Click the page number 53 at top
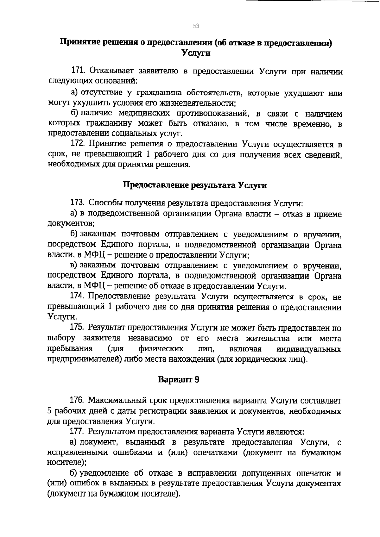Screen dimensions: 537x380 click(x=196, y=26)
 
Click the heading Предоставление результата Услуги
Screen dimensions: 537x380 click(x=195, y=185)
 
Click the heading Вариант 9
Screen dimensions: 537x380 click(x=179, y=379)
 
